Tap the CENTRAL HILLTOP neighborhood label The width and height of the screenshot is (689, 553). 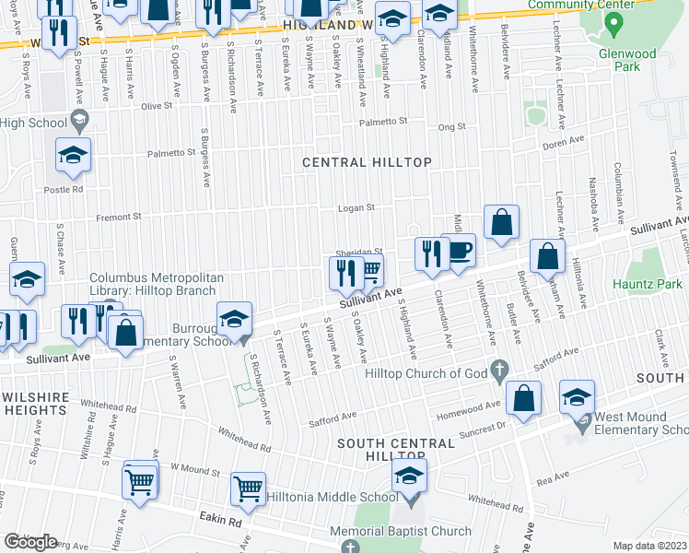pos(367,162)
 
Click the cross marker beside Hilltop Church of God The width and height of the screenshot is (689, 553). pos(499,372)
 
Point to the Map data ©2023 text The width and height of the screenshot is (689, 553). pos(649,546)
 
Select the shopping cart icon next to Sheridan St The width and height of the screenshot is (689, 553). pos(371,271)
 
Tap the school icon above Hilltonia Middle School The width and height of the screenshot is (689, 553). pos(410,477)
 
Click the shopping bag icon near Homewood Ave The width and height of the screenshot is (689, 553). pos(523,398)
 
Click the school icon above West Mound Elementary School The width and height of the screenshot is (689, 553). pos(578,396)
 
